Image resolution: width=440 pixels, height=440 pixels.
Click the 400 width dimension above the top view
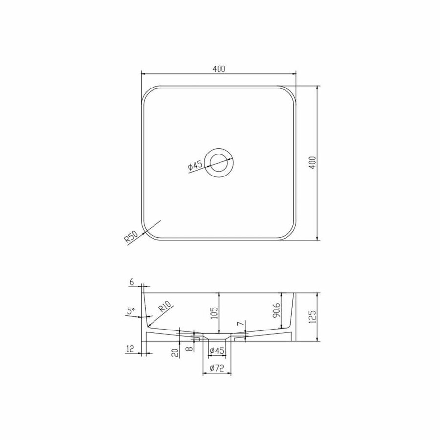coord(219,69)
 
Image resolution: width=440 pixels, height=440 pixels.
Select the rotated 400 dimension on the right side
coord(313,163)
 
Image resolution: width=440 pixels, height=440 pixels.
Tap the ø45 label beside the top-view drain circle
coord(195,166)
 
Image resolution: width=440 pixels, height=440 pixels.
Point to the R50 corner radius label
coord(130,237)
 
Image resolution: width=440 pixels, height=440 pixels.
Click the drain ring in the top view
coord(220,163)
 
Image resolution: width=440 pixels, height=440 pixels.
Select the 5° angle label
coord(130,310)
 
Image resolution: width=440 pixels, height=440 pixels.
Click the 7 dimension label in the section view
coord(240,324)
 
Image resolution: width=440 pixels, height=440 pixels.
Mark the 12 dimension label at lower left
coord(130,349)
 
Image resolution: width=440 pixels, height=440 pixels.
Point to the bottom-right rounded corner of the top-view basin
coord(291,234)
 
